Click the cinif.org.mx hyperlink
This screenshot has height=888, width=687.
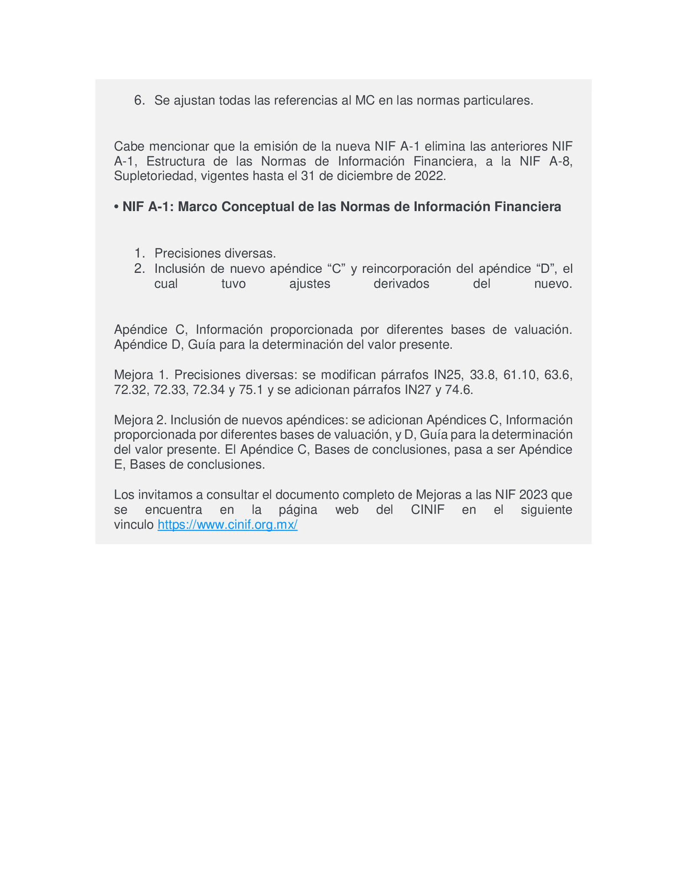click(227, 525)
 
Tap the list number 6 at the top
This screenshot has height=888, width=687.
click(138, 101)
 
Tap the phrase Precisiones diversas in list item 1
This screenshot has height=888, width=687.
click(215, 253)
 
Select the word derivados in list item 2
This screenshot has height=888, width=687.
click(401, 284)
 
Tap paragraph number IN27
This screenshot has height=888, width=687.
click(419, 390)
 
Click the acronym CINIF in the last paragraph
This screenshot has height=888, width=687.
click(427, 510)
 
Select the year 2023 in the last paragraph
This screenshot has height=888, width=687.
click(534, 495)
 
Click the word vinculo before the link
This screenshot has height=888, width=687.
click(134, 525)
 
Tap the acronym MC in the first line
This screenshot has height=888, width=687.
click(365, 101)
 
